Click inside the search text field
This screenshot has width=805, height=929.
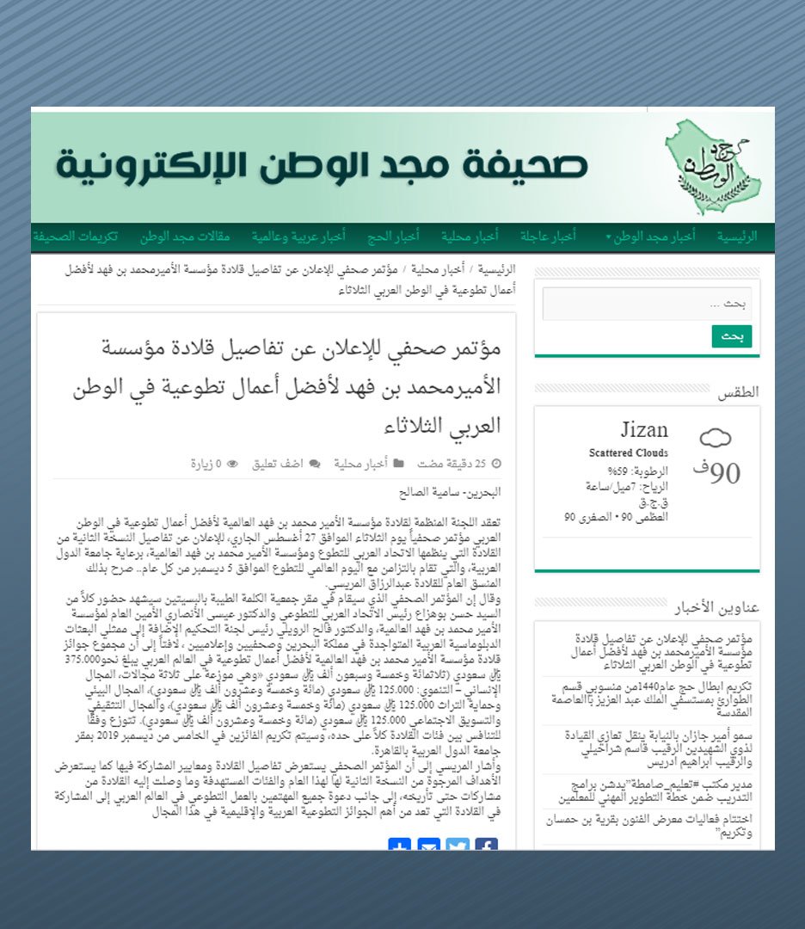[647, 304]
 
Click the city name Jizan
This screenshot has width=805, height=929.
[644, 430]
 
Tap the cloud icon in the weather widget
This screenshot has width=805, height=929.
[715, 439]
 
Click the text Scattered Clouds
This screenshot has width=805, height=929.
[629, 452]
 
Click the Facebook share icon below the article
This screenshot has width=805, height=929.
[486, 845]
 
